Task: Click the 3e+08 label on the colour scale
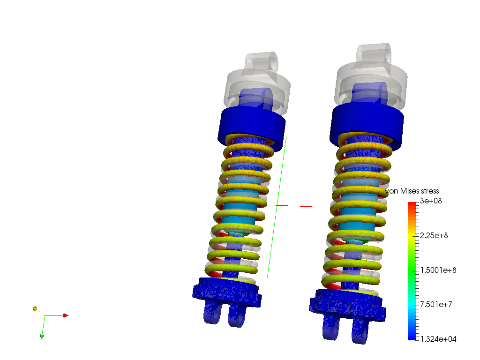click(x=431, y=201)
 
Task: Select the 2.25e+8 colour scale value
click(x=434, y=235)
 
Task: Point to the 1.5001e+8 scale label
click(x=438, y=270)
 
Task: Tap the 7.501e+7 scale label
click(x=436, y=304)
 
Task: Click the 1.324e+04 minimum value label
click(x=438, y=339)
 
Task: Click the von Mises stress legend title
click(x=412, y=191)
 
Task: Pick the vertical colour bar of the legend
click(x=412, y=271)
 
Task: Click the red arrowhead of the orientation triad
click(x=66, y=315)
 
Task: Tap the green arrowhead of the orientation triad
click(x=42, y=337)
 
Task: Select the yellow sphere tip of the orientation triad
click(x=35, y=308)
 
